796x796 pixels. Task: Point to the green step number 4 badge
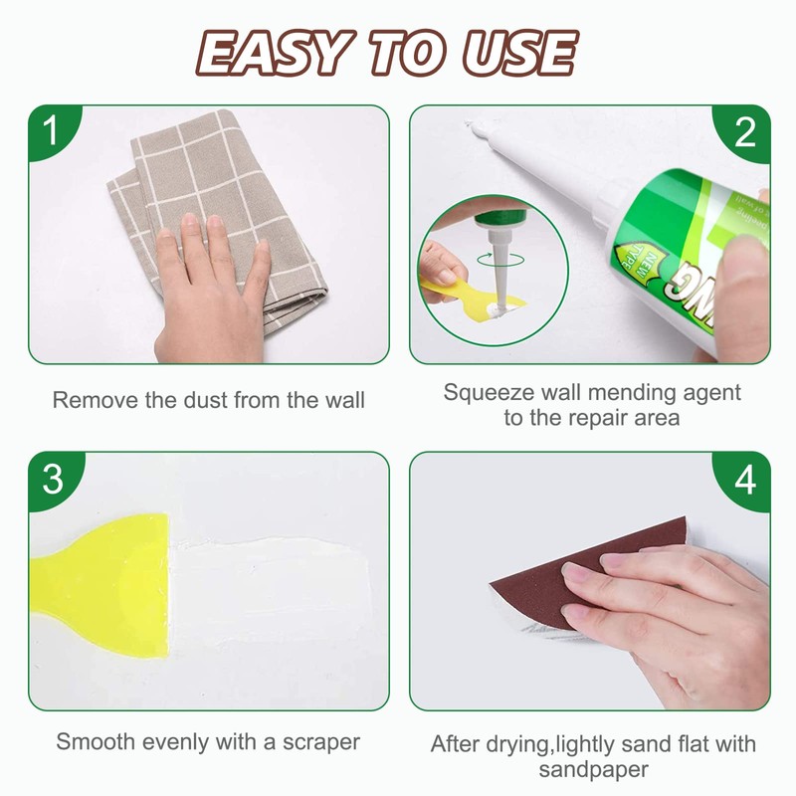coord(746,479)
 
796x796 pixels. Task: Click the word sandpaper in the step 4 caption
coord(593,769)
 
